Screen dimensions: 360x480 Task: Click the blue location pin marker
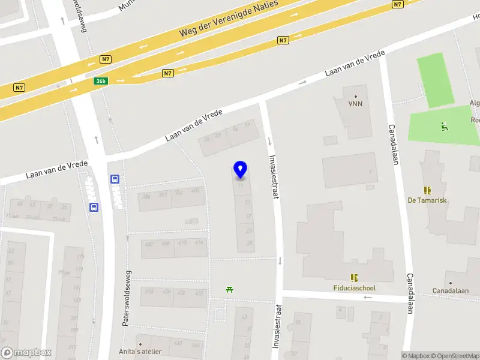coord(240,169)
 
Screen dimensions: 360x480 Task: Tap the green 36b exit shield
coord(101,81)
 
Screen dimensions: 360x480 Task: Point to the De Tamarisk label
coord(427,200)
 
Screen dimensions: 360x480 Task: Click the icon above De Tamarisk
coord(427,190)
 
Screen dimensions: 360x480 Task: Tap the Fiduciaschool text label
coord(355,288)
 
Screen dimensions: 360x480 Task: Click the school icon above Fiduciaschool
coord(355,277)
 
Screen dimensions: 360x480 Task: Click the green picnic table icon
coord(230,290)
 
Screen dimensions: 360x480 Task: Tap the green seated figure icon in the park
coord(444,126)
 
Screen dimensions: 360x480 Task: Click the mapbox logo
coord(26,353)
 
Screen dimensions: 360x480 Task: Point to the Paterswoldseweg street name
coord(127,298)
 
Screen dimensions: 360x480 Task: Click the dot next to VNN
coord(356,96)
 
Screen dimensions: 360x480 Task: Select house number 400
coord(195,191)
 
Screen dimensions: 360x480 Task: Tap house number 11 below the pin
coord(241,185)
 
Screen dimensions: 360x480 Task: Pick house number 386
coord(146,196)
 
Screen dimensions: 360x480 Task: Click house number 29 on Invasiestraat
coord(250,243)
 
